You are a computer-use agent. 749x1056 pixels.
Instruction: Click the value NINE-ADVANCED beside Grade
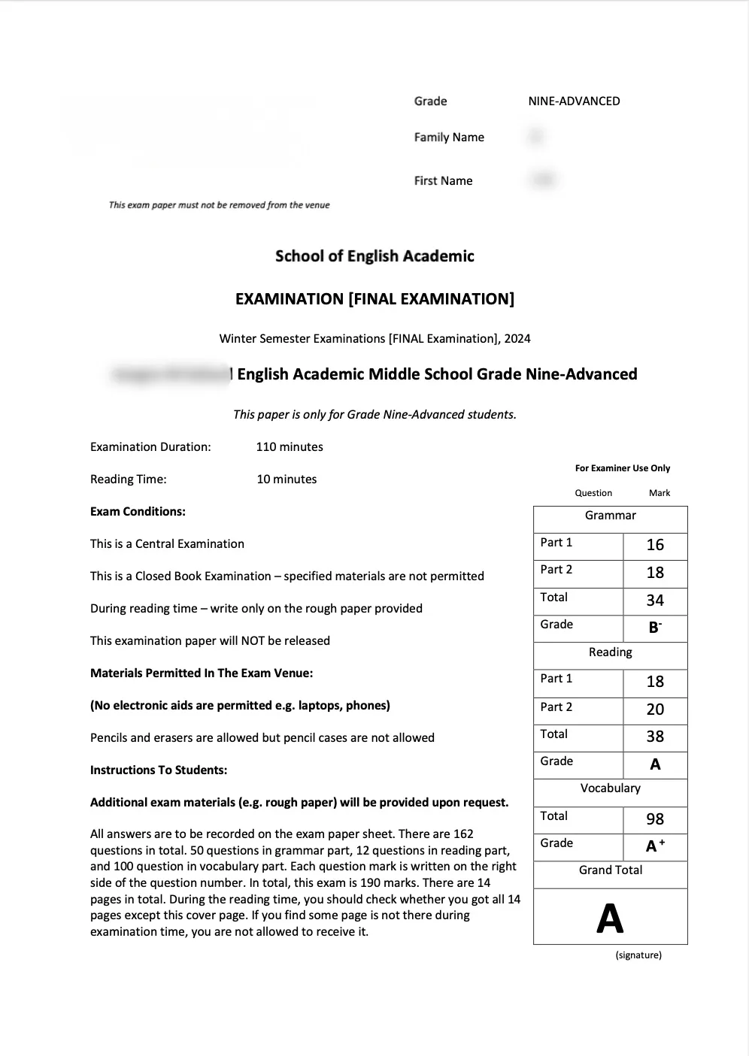(x=574, y=101)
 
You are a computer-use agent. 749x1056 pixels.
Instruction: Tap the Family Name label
(x=449, y=138)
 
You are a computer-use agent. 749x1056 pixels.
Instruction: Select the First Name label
(x=443, y=181)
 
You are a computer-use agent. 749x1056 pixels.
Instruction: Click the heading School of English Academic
(x=374, y=256)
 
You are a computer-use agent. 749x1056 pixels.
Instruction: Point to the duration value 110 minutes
(x=290, y=447)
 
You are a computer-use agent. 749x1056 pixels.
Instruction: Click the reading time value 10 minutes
(x=287, y=480)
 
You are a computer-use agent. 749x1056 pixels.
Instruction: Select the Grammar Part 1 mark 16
(x=655, y=545)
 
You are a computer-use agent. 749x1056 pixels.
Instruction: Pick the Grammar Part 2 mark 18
(x=655, y=573)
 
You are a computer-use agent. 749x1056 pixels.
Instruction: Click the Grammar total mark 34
(x=655, y=601)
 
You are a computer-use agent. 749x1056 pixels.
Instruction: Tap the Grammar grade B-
(x=655, y=628)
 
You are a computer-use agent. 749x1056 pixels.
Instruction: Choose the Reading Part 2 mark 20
(x=655, y=710)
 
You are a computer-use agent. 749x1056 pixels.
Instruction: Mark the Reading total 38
(x=655, y=737)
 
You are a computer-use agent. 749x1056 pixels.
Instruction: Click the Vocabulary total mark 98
(x=655, y=819)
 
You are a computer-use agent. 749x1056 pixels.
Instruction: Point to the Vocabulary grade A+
(x=655, y=846)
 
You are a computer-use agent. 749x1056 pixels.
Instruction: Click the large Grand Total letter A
(x=610, y=918)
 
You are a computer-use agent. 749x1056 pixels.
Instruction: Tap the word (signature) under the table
(x=638, y=955)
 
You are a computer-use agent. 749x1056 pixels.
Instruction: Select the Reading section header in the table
(x=610, y=652)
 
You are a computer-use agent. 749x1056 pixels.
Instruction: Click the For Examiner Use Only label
(x=623, y=468)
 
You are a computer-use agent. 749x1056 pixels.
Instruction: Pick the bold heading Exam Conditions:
(x=138, y=512)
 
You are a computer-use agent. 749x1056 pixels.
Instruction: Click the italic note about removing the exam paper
(x=220, y=205)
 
